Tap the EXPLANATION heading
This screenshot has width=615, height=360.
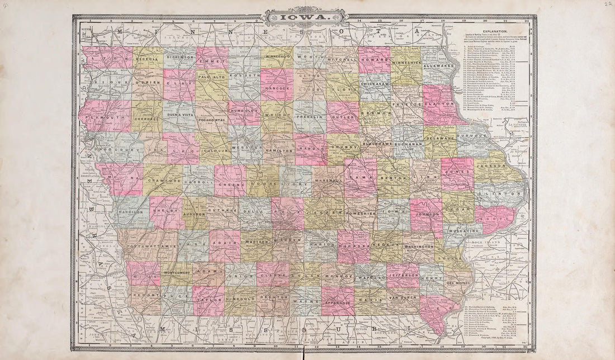(x=492, y=32)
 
